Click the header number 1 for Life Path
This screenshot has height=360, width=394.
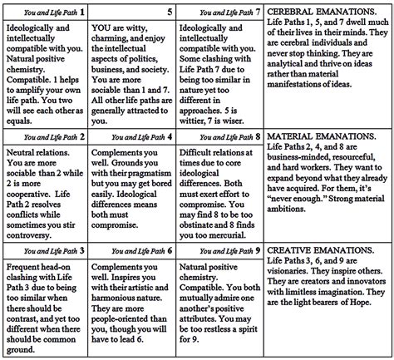81,13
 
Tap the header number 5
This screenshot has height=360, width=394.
170,13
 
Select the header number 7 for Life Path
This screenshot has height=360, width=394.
258,13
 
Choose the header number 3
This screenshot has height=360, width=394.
81,249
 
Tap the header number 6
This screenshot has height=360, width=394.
170,249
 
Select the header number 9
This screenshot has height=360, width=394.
258,249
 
